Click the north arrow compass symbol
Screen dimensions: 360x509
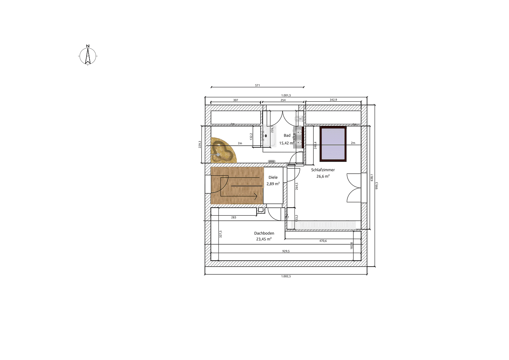click(88, 56)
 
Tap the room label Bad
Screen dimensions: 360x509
click(287, 135)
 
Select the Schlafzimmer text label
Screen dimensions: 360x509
click(323, 170)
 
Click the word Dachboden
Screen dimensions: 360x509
click(264, 233)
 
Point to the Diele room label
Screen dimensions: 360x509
click(273, 177)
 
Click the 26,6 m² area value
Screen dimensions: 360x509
click(323, 176)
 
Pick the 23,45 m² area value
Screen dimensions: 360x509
click(263, 239)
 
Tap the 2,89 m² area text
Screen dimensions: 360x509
click(273, 184)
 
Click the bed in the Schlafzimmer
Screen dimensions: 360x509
click(333, 144)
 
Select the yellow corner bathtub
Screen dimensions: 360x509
click(222, 151)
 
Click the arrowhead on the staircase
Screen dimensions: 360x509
click(255, 196)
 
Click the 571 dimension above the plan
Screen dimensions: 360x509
click(257, 85)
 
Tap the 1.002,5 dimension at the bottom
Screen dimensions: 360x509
click(286, 276)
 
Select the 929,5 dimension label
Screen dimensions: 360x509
click(286, 251)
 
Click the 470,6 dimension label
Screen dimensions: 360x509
click(323, 241)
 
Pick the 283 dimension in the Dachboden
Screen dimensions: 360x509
click(234, 217)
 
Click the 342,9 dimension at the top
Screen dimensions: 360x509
click(333, 100)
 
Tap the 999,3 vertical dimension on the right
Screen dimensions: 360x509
click(377, 185)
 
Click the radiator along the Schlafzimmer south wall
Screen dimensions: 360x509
click(323, 225)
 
